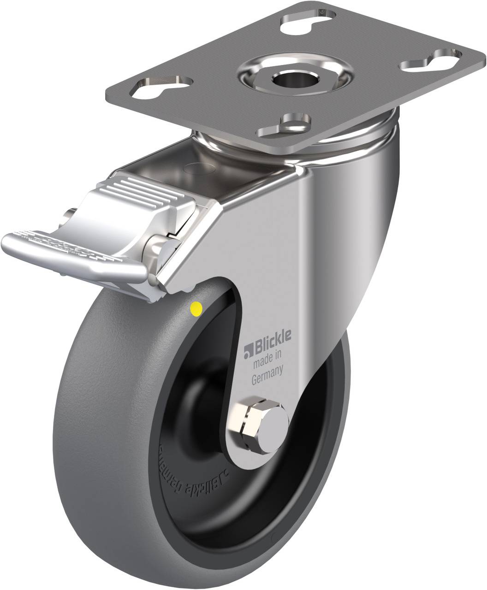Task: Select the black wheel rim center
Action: [208, 415]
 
